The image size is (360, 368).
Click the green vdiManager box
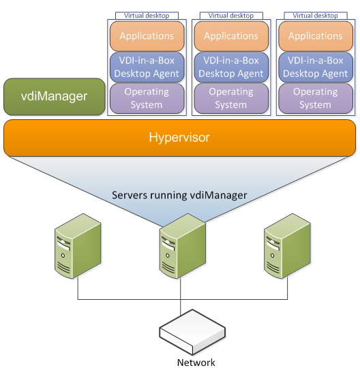click(x=55, y=97)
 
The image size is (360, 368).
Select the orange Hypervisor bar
click(x=179, y=138)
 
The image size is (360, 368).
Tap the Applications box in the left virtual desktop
click(x=147, y=36)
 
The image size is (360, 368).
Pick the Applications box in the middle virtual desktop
click(x=231, y=36)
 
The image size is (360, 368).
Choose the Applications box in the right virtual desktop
click(x=316, y=36)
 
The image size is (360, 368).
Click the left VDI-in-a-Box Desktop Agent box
click(x=147, y=67)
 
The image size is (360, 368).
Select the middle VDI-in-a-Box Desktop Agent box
click(x=231, y=67)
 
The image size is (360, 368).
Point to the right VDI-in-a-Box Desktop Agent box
click(x=316, y=67)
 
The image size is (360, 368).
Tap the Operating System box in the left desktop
click(x=147, y=98)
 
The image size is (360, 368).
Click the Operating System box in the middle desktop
click(x=231, y=98)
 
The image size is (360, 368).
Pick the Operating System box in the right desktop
click(x=316, y=98)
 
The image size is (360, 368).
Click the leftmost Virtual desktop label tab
click(x=147, y=16)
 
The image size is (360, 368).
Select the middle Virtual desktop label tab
click(x=231, y=16)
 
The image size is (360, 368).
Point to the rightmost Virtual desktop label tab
click(x=316, y=16)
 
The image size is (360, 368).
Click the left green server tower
click(x=78, y=246)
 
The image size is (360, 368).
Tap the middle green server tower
click(x=183, y=246)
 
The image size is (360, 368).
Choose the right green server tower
click(x=287, y=246)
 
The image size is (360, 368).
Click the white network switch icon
click(x=192, y=332)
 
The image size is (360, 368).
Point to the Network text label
click(x=196, y=363)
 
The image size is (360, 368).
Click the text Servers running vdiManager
click(x=179, y=196)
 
